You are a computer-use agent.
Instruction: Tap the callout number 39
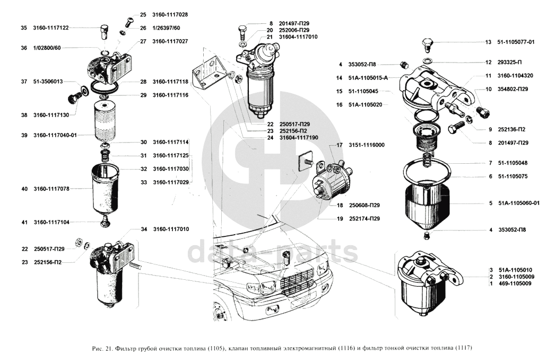[x=24, y=135]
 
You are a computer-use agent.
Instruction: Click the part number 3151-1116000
[x=367, y=145]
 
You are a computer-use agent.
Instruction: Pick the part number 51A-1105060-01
[x=518, y=203]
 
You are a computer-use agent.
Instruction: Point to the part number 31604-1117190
[x=300, y=138]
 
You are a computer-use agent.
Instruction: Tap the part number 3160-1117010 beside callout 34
[x=170, y=229]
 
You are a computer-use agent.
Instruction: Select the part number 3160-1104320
[x=515, y=76]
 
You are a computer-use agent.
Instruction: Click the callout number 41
[x=24, y=223]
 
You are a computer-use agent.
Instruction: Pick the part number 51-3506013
[x=48, y=82]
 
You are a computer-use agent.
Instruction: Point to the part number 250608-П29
[x=367, y=205]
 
